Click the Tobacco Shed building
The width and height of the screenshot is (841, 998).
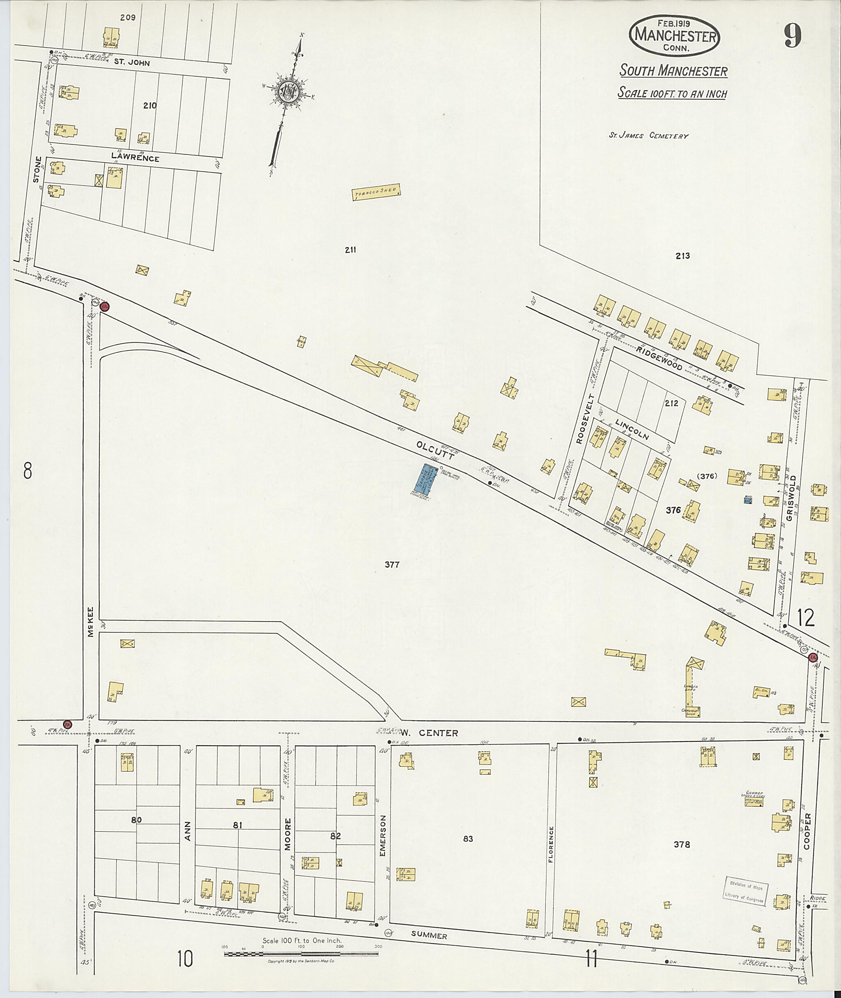[377, 193]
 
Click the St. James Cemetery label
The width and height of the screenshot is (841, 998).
[648, 136]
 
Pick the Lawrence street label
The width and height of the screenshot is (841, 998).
[135, 158]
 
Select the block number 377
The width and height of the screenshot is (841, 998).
[392, 565]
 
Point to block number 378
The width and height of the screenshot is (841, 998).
[681, 844]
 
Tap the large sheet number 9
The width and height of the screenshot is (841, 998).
[791, 35]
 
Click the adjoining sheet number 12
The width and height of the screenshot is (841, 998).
[805, 618]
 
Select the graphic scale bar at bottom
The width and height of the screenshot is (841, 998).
[301, 954]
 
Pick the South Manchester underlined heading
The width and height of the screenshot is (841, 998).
[673, 71]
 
